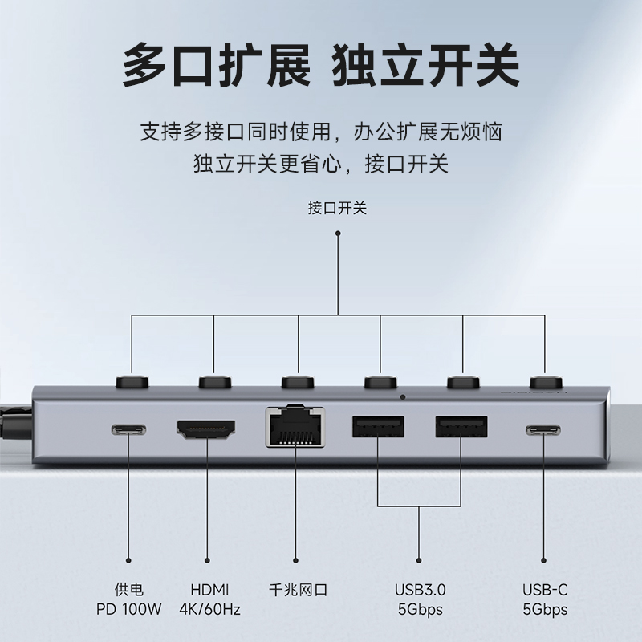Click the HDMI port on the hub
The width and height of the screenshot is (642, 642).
pos(206,429)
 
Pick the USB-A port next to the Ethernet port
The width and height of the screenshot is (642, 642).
pos(378,426)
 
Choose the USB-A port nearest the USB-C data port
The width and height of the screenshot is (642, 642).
pos(461,426)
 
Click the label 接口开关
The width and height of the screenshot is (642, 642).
pos(338,209)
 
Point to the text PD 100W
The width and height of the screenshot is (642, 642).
pos(128,609)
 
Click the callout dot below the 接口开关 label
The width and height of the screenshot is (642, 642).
pos(338,234)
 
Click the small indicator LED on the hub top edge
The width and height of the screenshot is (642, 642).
pos(402,396)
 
